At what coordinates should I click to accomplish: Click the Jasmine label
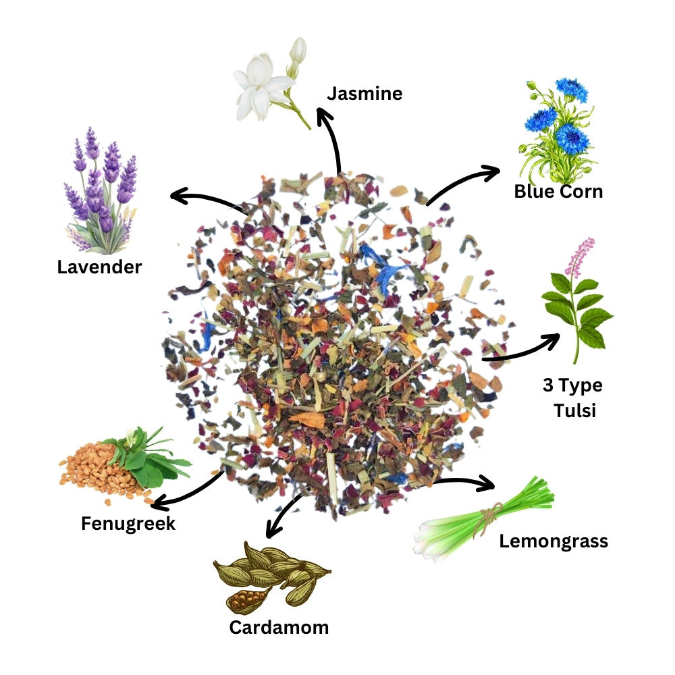click(x=364, y=93)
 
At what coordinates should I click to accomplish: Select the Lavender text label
click(x=99, y=267)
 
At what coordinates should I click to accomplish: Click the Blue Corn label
click(x=558, y=192)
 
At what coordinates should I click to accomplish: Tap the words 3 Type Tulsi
click(x=573, y=398)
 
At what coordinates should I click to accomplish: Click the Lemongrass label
click(x=553, y=541)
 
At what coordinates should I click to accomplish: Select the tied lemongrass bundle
click(x=483, y=523)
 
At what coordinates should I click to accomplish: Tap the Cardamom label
click(x=279, y=627)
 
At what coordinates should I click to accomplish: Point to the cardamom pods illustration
click(x=270, y=574)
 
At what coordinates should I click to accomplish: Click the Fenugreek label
click(x=128, y=523)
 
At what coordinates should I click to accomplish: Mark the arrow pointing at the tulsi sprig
click(x=523, y=348)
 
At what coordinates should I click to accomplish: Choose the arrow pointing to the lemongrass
click(x=466, y=482)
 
